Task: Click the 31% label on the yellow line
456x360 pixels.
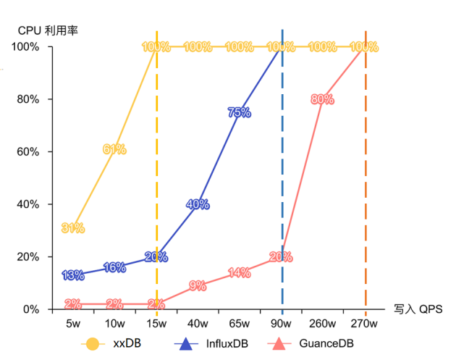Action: (x=73, y=228)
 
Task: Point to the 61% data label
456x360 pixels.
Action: (x=114, y=149)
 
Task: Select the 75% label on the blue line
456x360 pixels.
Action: (x=239, y=112)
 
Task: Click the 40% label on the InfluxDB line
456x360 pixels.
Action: (x=198, y=204)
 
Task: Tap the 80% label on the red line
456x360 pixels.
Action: (x=322, y=99)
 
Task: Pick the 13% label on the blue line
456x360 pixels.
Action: (x=73, y=275)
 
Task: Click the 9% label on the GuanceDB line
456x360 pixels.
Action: (x=198, y=285)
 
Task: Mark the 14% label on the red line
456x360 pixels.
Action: (x=239, y=272)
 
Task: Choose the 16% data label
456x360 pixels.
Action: (x=114, y=267)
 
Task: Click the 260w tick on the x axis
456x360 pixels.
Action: (x=322, y=322)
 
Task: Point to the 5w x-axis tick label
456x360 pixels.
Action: (x=73, y=322)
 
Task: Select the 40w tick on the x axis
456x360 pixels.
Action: (x=198, y=322)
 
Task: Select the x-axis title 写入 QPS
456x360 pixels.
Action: (x=419, y=309)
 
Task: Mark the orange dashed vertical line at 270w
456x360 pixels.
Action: (x=366, y=181)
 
